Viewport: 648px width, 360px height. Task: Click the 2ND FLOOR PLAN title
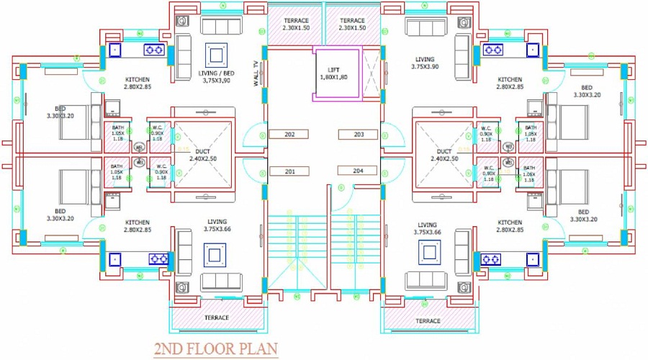pyautogui.click(x=215, y=350)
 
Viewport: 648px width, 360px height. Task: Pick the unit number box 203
pyautogui.click(x=359, y=135)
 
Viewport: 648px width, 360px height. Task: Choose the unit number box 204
pyautogui.click(x=359, y=171)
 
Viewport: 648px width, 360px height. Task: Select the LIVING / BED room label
pyautogui.click(x=216, y=76)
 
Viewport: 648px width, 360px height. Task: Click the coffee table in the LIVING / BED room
pyautogui.click(x=215, y=54)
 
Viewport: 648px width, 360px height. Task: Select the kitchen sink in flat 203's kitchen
pyautogui.click(x=532, y=50)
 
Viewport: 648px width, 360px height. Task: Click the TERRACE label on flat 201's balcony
pyautogui.click(x=216, y=318)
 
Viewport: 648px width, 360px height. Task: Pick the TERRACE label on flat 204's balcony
pyautogui.click(x=428, y=320)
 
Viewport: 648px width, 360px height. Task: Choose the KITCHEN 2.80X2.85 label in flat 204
pyautogui.click(x=510, y=226)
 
